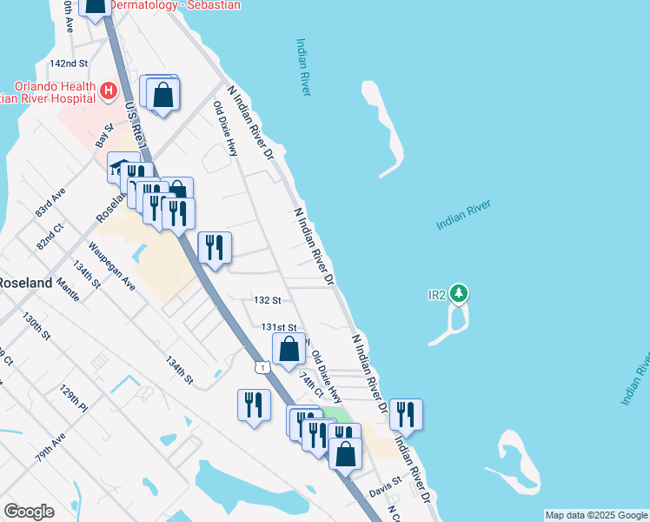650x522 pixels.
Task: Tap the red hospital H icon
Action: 109,90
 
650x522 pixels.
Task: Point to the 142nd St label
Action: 70,64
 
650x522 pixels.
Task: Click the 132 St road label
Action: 267,300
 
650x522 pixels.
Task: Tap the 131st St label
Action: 280,327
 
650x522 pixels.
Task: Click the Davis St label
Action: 386,480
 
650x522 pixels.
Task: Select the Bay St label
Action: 104,137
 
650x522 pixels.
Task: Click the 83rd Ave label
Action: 50,204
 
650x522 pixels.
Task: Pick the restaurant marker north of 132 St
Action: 214,247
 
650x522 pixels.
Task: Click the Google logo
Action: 29,512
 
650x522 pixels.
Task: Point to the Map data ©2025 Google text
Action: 595,515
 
